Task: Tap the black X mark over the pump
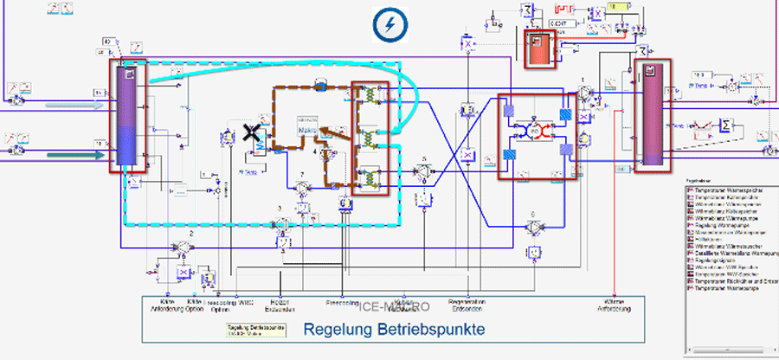252,132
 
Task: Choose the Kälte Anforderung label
163,305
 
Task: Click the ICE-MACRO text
389,306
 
